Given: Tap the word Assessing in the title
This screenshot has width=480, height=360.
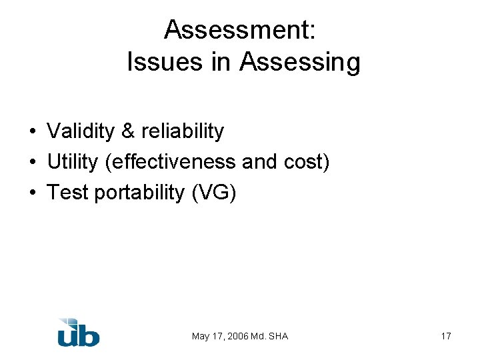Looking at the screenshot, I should [300, 63].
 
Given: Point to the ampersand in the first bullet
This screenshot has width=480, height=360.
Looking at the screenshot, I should [128, 131].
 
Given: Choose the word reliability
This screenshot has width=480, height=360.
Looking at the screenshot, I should [182, 131].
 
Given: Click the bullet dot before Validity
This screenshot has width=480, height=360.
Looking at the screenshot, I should [32, 132].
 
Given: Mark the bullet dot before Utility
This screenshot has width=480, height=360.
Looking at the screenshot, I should [32, 163].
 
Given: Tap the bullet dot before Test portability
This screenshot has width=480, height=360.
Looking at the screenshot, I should [32, 193].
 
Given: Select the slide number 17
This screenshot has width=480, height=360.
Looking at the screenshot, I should [446, 336].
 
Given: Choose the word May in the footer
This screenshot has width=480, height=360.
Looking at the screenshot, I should [201, 336].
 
